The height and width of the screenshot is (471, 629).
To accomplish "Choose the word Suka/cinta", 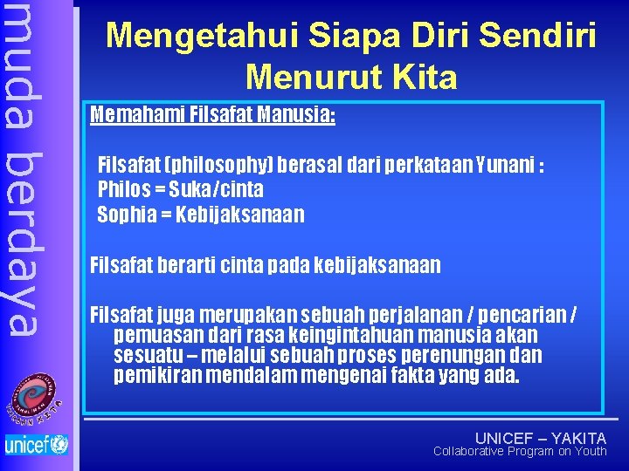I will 218,189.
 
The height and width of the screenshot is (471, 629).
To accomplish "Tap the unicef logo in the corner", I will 36,444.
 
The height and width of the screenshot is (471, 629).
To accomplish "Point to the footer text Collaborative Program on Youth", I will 520,451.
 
